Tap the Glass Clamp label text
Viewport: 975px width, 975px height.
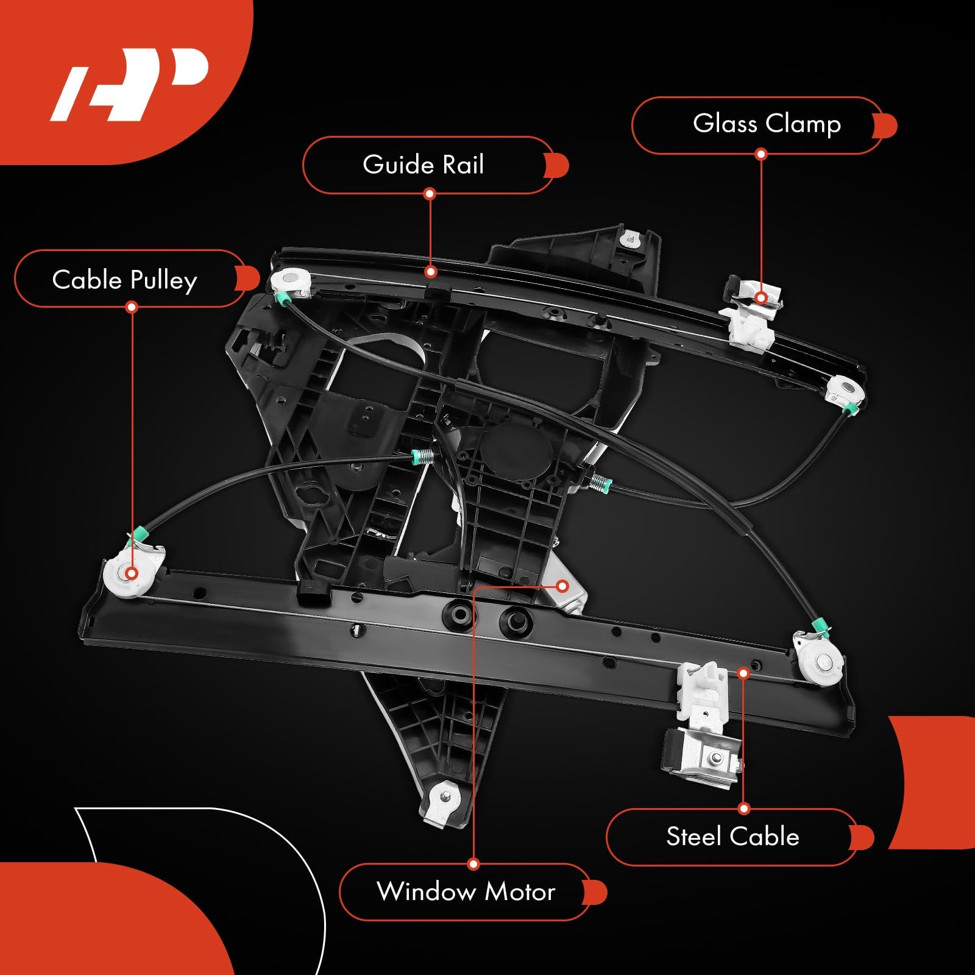[767, 124]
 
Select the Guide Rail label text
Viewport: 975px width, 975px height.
[423, 165]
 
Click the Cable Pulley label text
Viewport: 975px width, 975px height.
[125, 280]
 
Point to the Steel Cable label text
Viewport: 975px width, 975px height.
[732, 836]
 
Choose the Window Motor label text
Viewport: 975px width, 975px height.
[466, 892]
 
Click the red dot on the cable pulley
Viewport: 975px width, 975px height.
[131, 573]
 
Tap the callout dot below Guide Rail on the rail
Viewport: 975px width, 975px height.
[430, 272]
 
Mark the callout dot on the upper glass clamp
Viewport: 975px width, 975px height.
[761, 297]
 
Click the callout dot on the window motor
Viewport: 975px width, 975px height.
[562, 586]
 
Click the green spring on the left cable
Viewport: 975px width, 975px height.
[422, 456]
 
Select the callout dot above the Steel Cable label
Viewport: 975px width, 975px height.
[743, 673]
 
